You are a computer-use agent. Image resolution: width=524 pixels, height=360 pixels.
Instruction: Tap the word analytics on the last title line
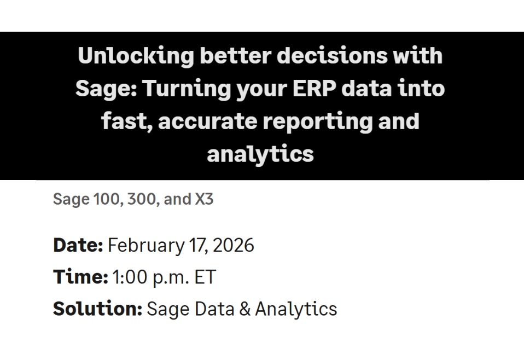pyautogui.click(x=260, y=154)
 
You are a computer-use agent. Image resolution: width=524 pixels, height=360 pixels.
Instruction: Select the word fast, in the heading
pyautogui.click(x=127, y=121)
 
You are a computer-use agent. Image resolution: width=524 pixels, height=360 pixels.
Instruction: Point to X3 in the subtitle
pyautogui.click(x=204, y=200)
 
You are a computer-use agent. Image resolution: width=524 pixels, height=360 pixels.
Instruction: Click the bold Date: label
pyautogui.click(x=78, y=245)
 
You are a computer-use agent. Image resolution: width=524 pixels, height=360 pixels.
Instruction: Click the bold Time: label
pyautogui.click(x=80, y=277)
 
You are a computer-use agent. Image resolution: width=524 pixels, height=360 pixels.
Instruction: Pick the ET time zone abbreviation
pyautogui.click(x=206, y=277)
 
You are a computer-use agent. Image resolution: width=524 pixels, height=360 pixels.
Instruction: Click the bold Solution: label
pyautogui.click(x=97, y=309)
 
